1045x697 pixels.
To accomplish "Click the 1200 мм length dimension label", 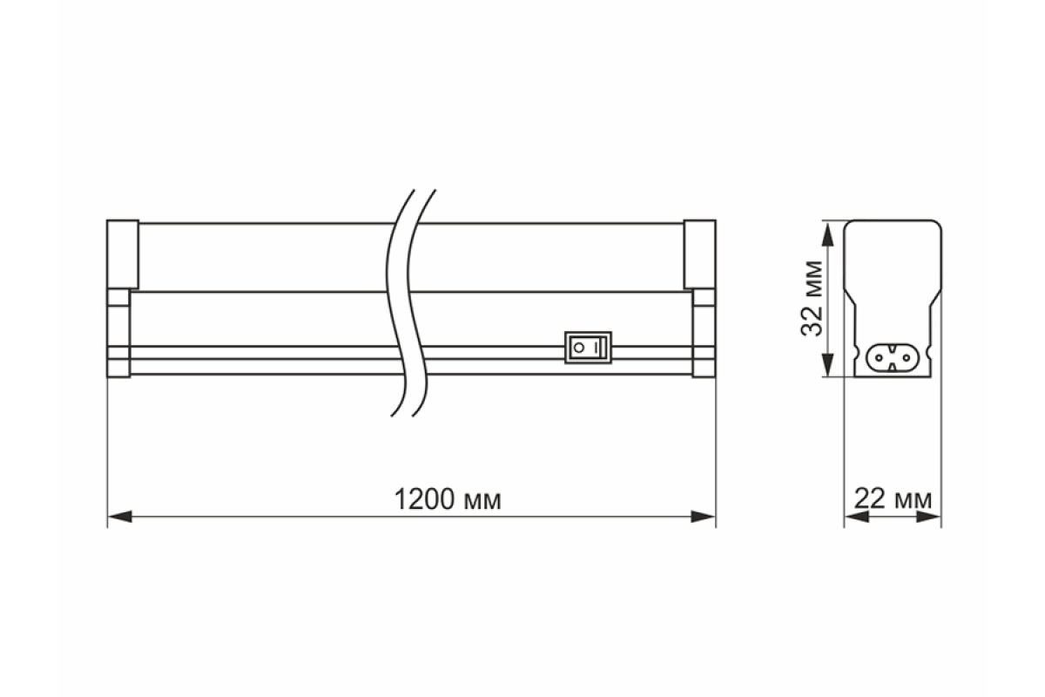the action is coord(448,499).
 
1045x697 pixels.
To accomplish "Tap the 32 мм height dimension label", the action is coord(812,298).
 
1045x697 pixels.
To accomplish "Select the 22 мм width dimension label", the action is coord(893,498).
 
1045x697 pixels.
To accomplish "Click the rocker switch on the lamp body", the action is coord(588,348).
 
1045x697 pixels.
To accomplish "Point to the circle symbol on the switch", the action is coord(579,348).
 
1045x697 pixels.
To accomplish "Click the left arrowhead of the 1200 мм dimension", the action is coord(120,517).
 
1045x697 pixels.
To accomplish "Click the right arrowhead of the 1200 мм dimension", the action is coord(703,517).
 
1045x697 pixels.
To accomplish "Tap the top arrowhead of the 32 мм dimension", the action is coord(827,234).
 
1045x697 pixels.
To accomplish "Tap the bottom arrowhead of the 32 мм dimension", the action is coord(827,364).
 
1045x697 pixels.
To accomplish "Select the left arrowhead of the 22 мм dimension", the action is coord(857,517).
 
